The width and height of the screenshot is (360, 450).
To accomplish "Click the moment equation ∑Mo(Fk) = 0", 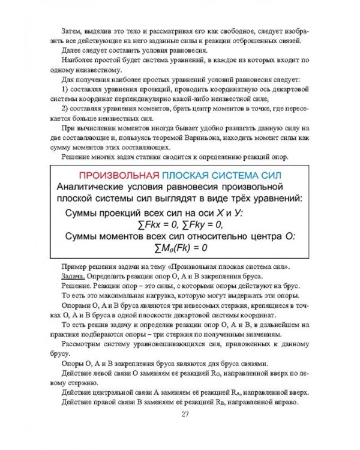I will pyautogui.click(x=181, y=247).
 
